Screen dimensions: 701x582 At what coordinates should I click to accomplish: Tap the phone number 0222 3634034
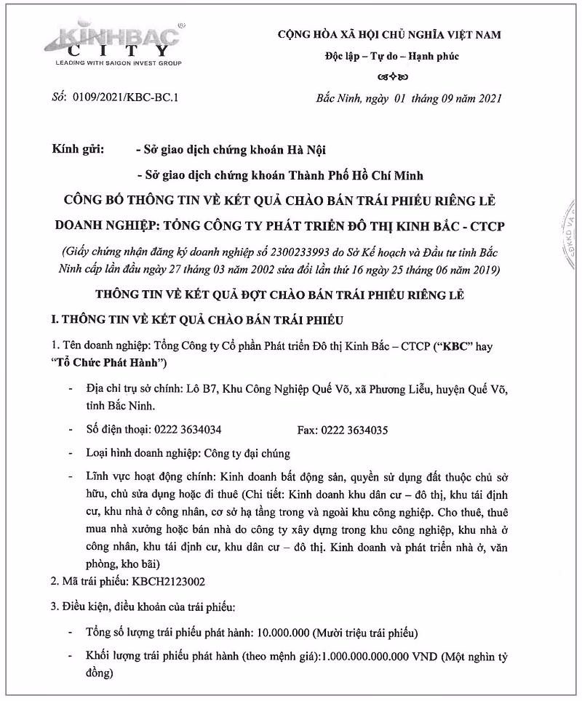coord(188,430)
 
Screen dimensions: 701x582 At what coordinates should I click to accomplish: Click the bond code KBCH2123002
coord(167,581)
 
